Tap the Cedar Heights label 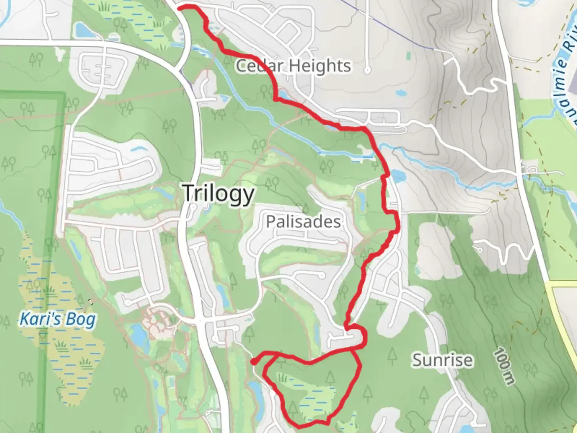(293, 66)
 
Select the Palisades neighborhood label (303, 222)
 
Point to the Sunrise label (442, 360)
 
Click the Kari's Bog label (58, 320)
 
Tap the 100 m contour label (504, 367)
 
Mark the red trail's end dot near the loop (254, 362)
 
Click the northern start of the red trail (179, 7)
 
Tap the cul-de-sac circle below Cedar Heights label (367, 70)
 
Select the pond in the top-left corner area (81, 29)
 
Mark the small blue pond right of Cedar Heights (399, 93)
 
